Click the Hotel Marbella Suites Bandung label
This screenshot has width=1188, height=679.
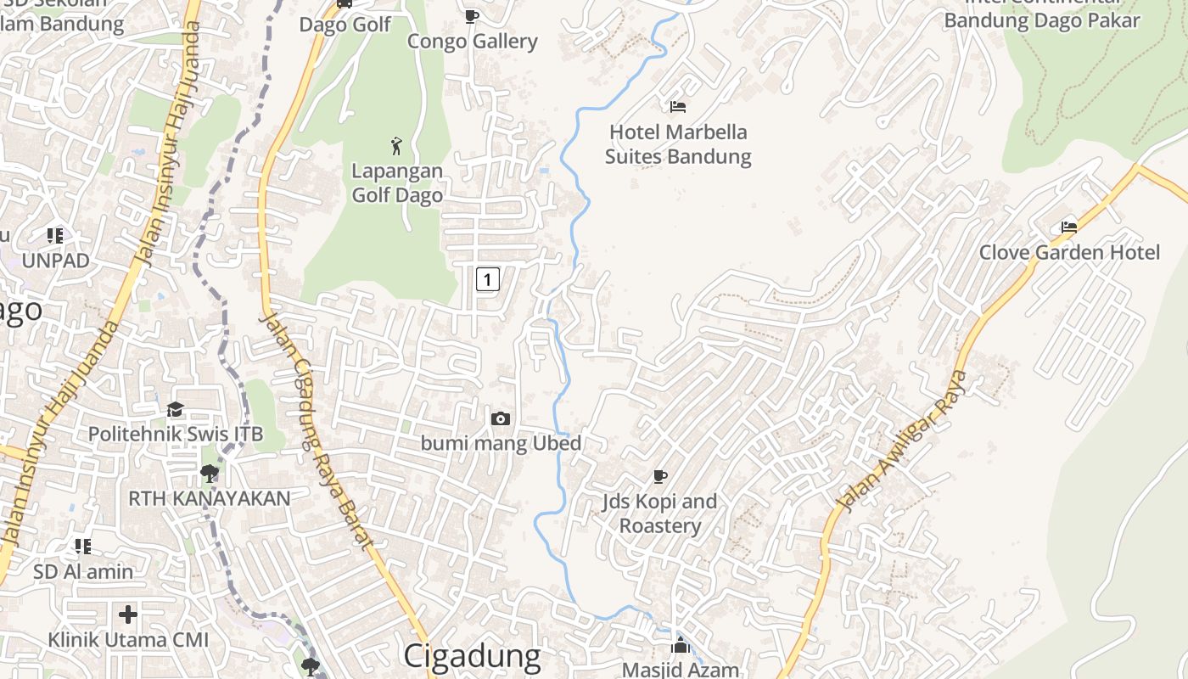678,144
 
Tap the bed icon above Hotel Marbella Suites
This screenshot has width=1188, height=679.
678,107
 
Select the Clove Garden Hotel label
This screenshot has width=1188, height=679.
1069,252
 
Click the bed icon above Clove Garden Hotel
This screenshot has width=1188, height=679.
1069,227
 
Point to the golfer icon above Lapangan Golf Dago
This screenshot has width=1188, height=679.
396,145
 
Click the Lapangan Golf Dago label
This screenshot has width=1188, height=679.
397,182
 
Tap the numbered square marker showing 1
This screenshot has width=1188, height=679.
487,278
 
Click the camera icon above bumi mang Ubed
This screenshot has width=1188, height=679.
501,418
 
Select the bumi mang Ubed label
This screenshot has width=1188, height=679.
501,443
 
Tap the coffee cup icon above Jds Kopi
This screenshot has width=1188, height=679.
660,476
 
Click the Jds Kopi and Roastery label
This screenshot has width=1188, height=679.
660,513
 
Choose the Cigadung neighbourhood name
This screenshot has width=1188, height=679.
471,656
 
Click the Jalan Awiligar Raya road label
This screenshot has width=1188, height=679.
901,441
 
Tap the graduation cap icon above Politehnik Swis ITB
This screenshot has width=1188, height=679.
175,410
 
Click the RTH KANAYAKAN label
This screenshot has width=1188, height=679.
209,498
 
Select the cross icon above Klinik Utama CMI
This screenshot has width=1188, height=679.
128,614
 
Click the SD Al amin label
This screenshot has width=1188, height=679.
83,571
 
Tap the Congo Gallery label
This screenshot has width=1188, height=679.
472,42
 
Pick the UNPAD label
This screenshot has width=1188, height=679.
55,260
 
